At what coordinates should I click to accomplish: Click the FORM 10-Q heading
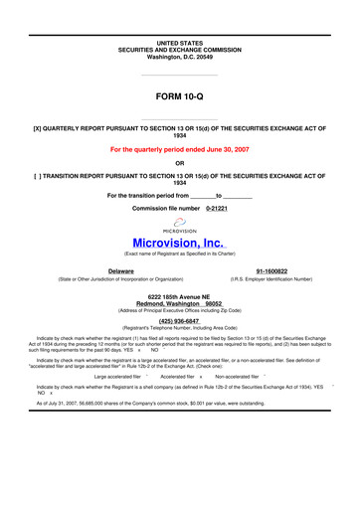tap(179, 96)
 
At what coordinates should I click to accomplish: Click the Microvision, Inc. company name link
tap(179, 243)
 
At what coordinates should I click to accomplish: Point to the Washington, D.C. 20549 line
tap(179, 30)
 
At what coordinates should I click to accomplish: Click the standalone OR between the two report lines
tap(179, 163)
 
